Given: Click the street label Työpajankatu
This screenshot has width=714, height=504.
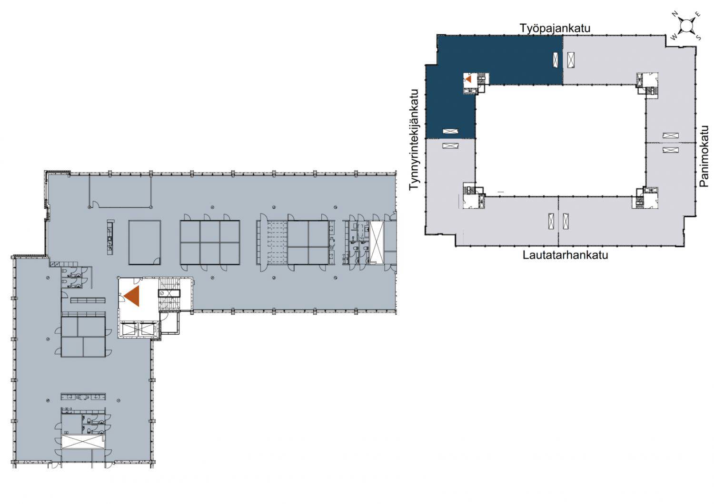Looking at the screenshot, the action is [x=555, y=28].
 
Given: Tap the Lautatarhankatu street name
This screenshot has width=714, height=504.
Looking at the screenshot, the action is [x=565, y=255].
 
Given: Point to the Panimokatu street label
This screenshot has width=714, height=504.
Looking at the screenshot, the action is [x=704, y=156].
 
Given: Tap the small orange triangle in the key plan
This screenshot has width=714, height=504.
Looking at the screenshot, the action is [x=468, y=78].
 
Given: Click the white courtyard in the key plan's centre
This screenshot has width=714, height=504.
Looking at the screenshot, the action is [x=560, y=140].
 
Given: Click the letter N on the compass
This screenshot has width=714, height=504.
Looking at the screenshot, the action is [x=675, y=14].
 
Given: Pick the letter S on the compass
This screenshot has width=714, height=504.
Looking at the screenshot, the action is [x=698, y=38].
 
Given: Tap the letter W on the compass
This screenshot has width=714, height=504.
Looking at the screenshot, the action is [x=674, y=37].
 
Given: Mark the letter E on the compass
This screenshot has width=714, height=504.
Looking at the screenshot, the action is [x=698, y=14].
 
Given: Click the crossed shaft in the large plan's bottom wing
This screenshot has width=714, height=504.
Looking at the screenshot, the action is [x=83, y=441].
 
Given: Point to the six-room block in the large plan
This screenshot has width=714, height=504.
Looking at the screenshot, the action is [x=210, y=242].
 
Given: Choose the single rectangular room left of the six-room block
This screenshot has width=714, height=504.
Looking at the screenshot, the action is [x=144, y=242].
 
